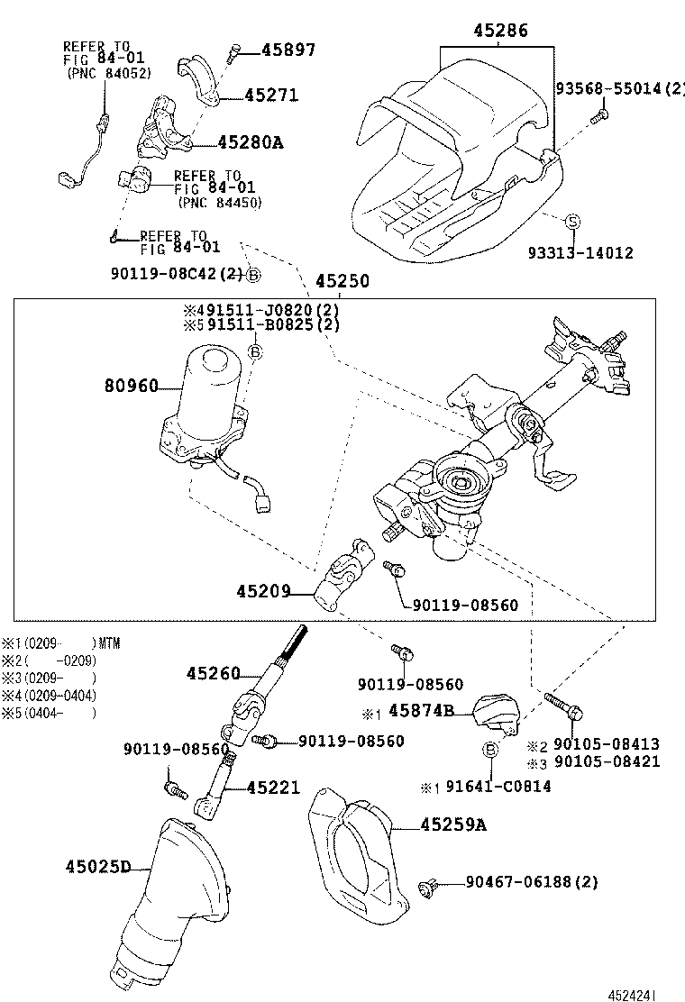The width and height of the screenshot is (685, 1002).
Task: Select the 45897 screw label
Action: click(x=288, y=50)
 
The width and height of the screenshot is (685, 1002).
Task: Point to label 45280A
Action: click(x=250, y=142)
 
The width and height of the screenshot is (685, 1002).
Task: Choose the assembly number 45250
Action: click(x=342, y=281)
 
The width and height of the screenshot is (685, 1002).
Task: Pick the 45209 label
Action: click(x=263, y=591)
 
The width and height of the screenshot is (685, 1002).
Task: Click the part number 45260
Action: click(x=214, y=673)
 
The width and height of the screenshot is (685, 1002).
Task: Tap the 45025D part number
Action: click(x=97, y=867)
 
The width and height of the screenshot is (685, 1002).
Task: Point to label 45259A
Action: click(x=452, y=824)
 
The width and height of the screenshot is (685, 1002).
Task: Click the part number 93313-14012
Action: click(x=592, y=253)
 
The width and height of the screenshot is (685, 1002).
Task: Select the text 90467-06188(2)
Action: click(x=531, y=882)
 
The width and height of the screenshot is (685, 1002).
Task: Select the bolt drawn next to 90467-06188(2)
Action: click(x=428, y=889)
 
